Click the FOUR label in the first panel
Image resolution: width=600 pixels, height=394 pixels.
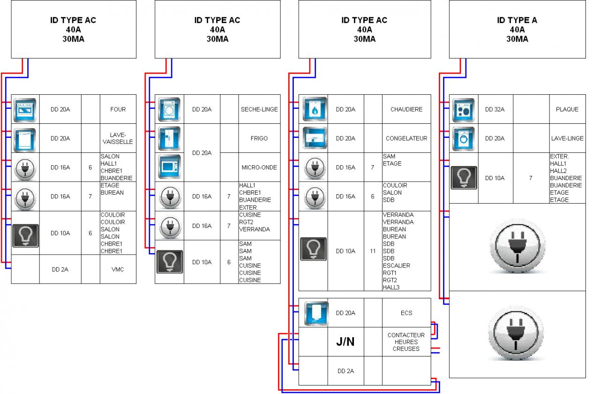[118, 109]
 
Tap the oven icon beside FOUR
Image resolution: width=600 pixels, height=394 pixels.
[25, 110]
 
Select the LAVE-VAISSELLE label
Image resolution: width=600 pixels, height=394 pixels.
[118, 138]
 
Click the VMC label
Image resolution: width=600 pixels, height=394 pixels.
[118, 269]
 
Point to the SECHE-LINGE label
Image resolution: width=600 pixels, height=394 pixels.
[259, 109]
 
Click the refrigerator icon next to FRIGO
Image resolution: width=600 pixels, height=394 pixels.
[169, 138]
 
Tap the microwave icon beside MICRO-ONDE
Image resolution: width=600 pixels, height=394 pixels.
[169, 167]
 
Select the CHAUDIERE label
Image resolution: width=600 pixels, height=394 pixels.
[406, 109]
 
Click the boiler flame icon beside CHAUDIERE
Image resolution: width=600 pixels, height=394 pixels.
[313, 110]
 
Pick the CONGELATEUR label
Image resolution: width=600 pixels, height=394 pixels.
[406, 138]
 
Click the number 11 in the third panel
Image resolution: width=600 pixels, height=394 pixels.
[373, 251]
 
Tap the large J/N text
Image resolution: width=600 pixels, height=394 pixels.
[345, 342]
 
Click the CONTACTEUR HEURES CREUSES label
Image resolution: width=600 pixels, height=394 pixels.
[406, 342]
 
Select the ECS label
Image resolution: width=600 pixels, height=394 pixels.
[406, 313]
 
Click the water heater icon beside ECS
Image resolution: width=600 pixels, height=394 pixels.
[313, 313]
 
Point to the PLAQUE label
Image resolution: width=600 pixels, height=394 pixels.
[567, 109]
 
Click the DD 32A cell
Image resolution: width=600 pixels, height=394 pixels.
[495, 109]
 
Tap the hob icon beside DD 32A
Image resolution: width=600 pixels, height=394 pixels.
[464, 110]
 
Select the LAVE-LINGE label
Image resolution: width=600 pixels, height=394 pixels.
[567, 138]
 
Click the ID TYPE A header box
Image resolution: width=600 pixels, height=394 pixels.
[517, 29]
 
